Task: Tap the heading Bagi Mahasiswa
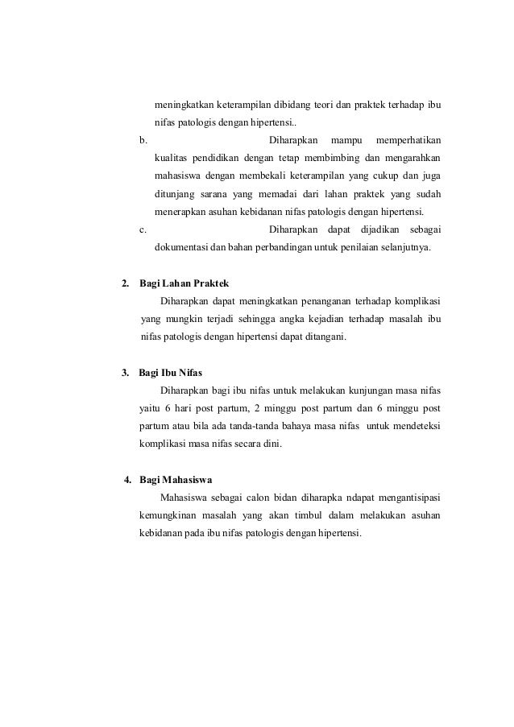click(x=176, y=481)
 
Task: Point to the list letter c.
click(x=143, y=229)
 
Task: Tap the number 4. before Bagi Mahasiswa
click(x=127, y=481)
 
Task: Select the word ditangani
click(x=321, y=337)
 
